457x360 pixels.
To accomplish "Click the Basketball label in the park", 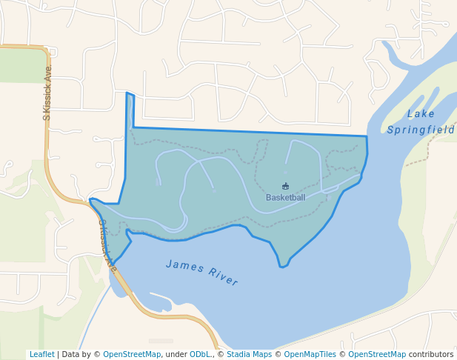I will (x=285, y=198).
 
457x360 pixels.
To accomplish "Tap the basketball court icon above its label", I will (x=286, y=187).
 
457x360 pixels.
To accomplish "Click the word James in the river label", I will (x=182, y=266).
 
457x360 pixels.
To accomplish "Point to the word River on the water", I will (x=224, y=278).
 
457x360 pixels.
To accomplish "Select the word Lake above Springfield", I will (x=421, y=114).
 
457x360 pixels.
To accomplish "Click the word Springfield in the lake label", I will (x=420, y=130).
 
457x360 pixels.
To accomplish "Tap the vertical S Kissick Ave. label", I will (x=47, y=93).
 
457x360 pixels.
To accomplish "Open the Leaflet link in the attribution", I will (x=41, y=354).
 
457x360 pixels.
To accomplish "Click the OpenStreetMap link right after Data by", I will (x=132, y=354).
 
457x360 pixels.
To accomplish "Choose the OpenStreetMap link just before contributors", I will (x=377, y=354).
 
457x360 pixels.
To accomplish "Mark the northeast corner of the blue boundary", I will (x=367, y=137).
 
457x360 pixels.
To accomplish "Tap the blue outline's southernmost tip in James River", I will (x=282, y=267).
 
